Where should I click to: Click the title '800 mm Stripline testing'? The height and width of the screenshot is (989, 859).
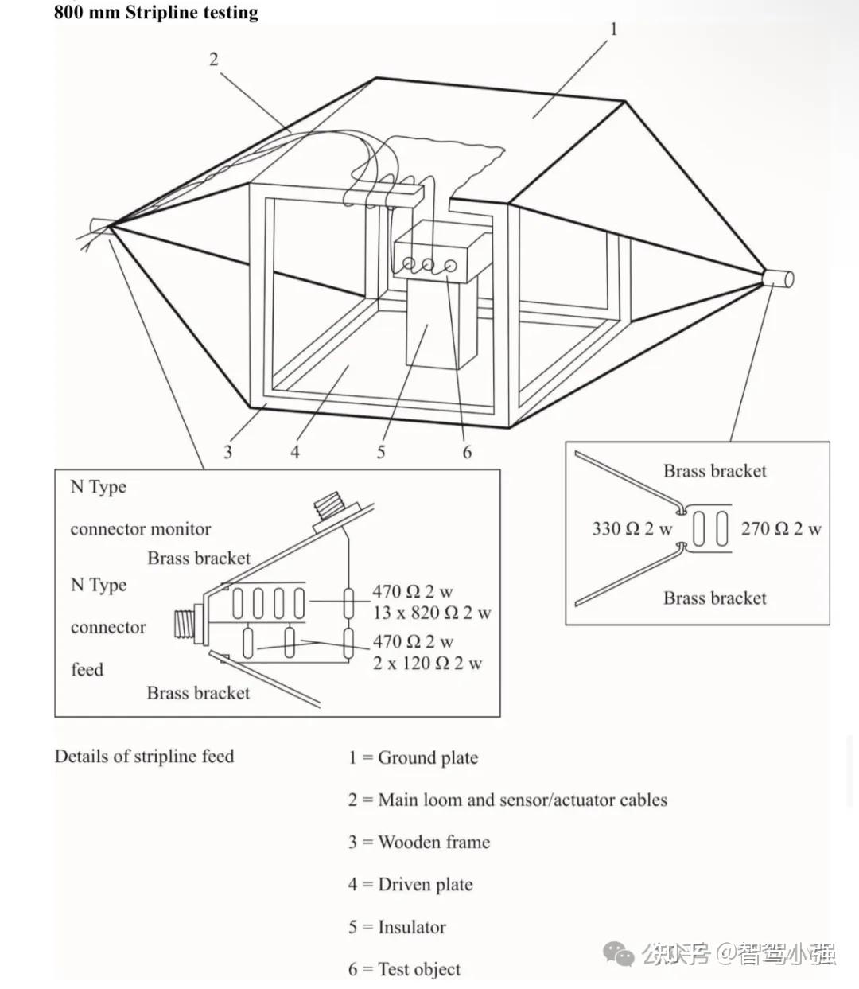156,13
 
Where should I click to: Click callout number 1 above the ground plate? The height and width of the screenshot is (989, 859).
613,29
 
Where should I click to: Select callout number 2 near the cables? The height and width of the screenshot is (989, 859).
213,59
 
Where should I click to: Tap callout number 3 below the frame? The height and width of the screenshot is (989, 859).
228,452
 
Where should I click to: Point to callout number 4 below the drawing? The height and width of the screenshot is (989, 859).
295,452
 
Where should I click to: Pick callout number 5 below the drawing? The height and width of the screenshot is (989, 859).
381,452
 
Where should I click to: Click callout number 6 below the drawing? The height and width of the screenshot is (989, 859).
467,452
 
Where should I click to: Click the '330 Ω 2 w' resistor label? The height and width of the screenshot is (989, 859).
632,528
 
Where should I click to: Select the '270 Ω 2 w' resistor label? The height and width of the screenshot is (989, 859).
781,528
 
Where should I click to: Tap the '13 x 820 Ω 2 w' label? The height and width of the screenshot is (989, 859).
432,613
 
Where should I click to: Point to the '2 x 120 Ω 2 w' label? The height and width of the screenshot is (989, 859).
428,663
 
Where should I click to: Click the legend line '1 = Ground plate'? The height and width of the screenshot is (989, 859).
413,757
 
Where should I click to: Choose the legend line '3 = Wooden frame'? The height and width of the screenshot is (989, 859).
418,842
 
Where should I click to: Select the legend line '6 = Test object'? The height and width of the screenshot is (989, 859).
404,969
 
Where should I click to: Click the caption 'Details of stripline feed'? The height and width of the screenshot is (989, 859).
144,756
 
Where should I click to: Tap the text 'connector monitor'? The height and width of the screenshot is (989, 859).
141,529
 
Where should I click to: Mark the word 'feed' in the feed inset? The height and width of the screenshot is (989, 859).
87,669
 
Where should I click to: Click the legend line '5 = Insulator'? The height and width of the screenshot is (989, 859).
397,927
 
